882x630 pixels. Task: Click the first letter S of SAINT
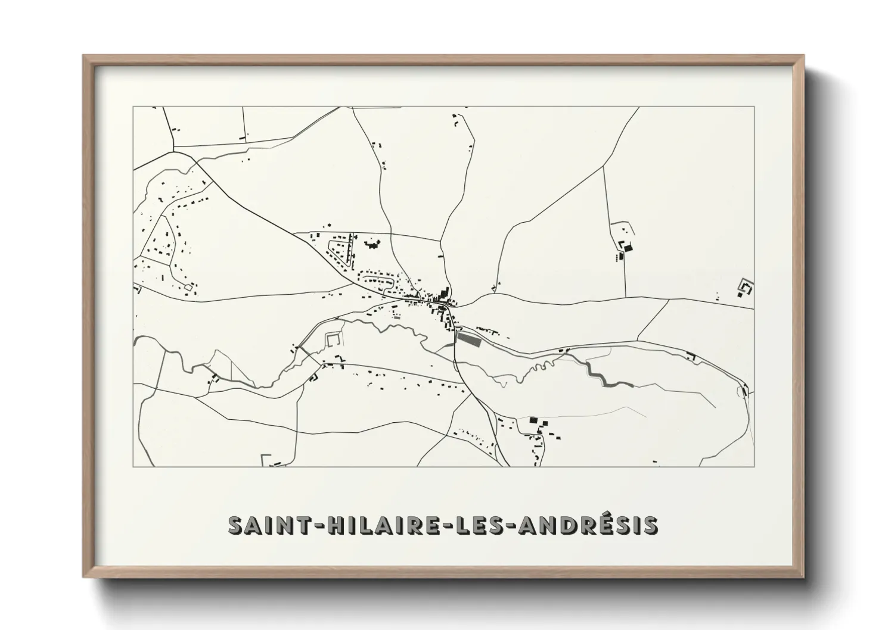click(x=235, y=525)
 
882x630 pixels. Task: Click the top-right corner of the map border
click(x=754, y=107)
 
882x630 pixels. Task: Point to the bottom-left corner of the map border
click(x=133, y=466)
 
